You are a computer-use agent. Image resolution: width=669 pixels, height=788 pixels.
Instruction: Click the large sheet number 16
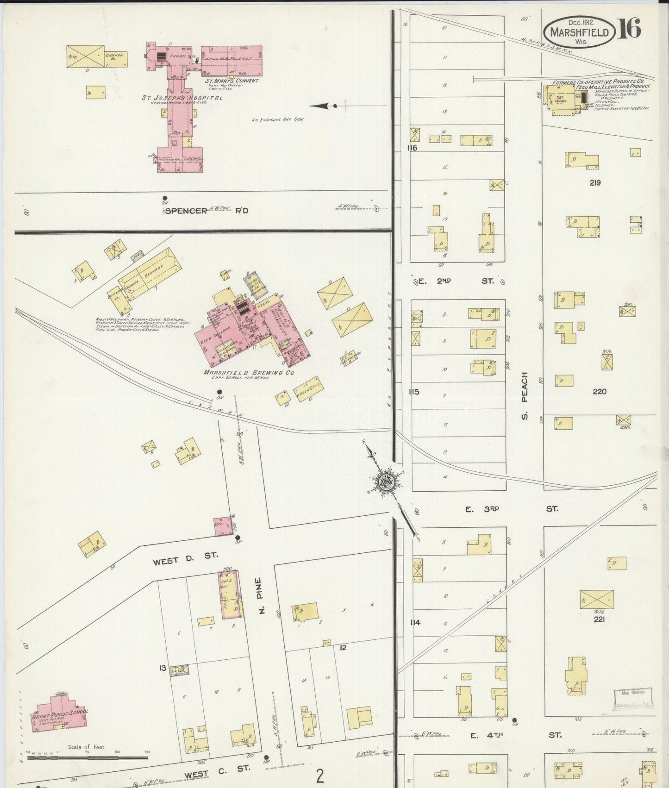click(x=629, y=30)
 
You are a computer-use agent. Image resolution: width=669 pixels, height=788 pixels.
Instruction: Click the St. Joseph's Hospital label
click(x=182, y=98)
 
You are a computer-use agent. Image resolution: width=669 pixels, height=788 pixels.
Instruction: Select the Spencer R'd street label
click(x=206, y=211)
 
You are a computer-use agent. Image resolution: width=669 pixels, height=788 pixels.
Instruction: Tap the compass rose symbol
click(x=387, y=482)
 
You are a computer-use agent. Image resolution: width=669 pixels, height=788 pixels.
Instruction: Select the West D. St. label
click(x=185, y=554)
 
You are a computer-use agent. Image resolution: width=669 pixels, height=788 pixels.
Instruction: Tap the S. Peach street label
click(x=525, y=394)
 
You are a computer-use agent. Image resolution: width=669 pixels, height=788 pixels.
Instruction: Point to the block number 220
click(x=599, y=392)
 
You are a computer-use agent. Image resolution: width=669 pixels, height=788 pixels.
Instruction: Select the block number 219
click(x=595, y=183)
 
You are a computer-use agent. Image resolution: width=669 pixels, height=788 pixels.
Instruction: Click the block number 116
click(x=412, y=148)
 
